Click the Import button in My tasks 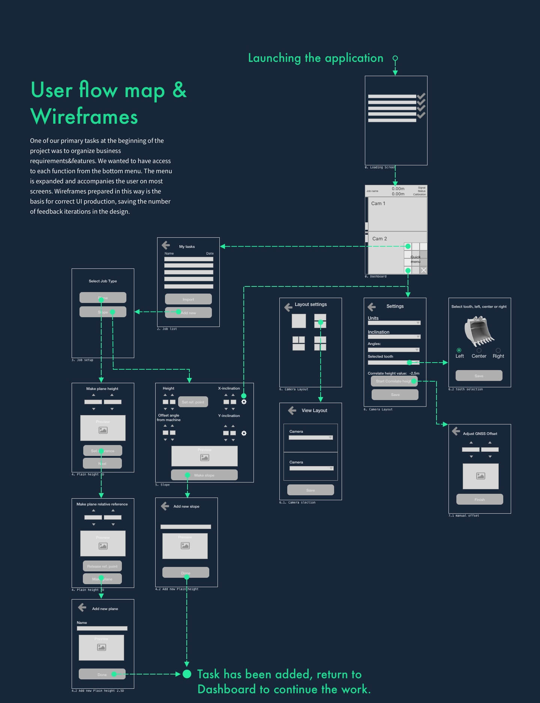[x=188, y=299]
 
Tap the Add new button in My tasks [x=188, y=313]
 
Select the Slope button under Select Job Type [x=103, y=312]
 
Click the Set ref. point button [x=193, y=402]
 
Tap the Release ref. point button [x=102, y=566]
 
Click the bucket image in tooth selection [x=478, y=331]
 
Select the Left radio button [x=459, y=350]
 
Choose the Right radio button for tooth [x=498, y=350]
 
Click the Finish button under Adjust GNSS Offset [x=479, y=499]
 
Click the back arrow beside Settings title [x=372, y=307]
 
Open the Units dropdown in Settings [x=394, y=323]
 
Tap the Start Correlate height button [x=394, y=381]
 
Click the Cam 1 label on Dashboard [x=378, y=204]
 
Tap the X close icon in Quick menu [x=423, y=270]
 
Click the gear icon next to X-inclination [x=244, y=402]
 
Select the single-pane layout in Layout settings [x=299, y=321]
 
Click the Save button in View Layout [x=310, y=490]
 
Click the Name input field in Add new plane [x=102, y=628]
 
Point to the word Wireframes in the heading [x=84, y=117]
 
